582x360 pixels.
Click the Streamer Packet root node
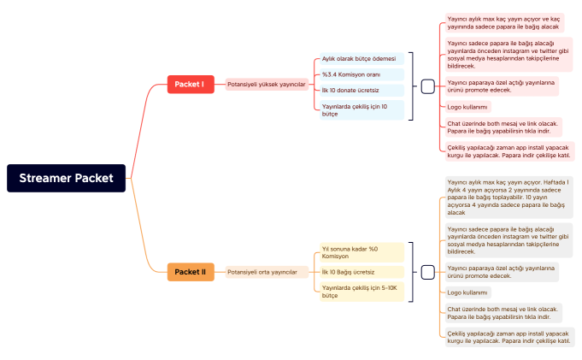[67, 178]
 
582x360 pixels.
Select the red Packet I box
[190, 84]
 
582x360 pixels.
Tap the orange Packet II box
[190, 272]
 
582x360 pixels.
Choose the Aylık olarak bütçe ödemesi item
[359, 59]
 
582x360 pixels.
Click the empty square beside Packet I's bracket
[428, 86]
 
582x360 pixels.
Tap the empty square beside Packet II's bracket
[428, 272]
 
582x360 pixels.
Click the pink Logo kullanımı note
[468, 107]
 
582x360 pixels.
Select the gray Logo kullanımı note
[468, 292]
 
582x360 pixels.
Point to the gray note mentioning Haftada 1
[508, 197]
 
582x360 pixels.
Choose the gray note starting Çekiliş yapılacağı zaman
[508, 336]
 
